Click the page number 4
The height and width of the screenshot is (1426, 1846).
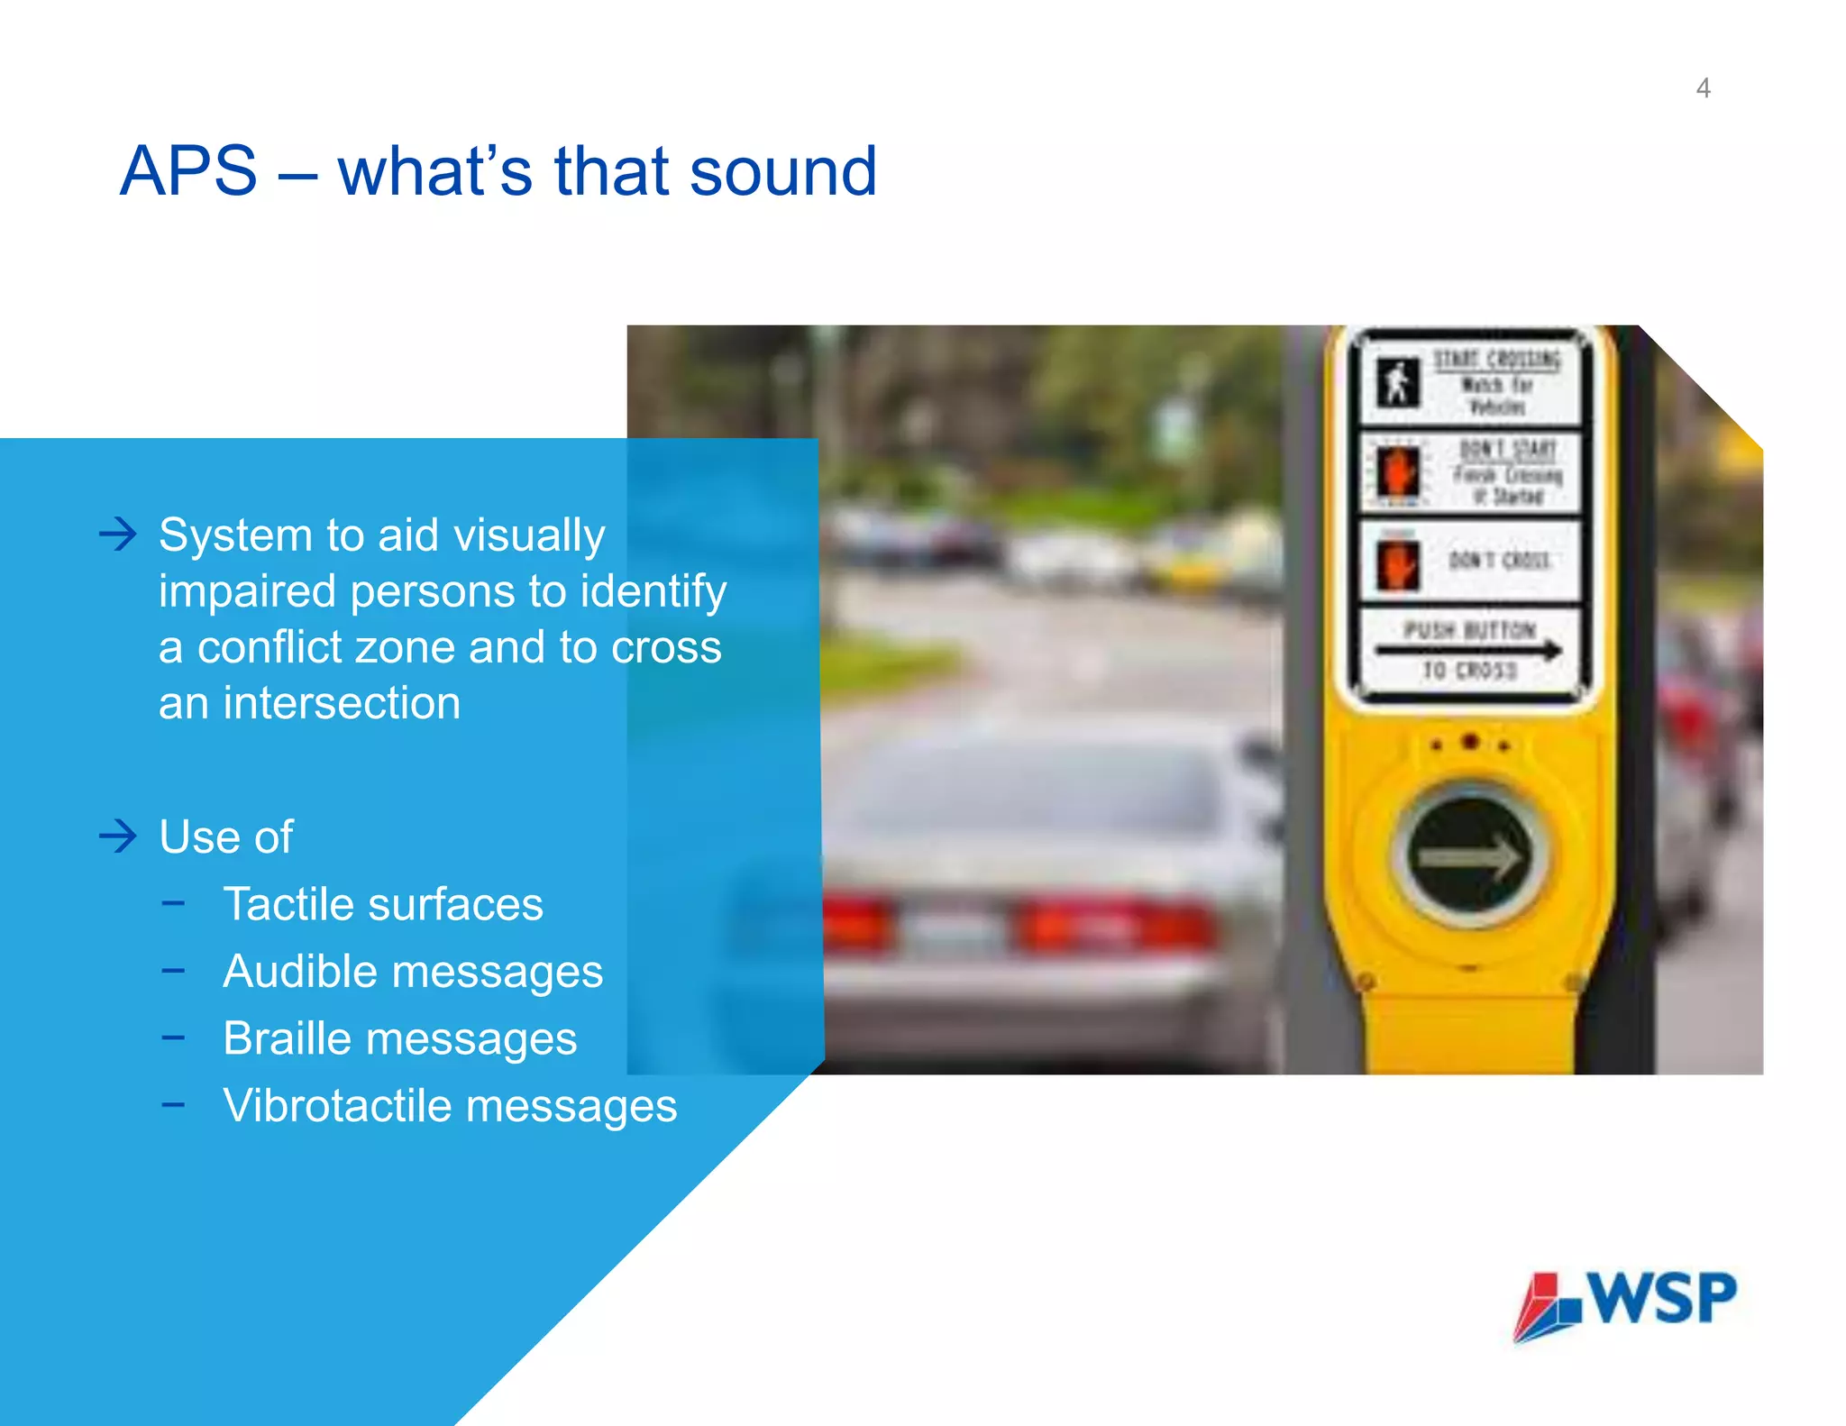tap(1703, 88)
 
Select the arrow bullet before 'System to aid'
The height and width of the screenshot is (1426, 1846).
tap(118, 535)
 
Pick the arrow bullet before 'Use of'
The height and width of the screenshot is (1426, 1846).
tap(118, 836)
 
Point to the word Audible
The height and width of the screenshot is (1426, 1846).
tap(300, 972)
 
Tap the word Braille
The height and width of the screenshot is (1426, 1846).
tap(287, 1038)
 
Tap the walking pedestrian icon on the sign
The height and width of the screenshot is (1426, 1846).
tap(1397, 382)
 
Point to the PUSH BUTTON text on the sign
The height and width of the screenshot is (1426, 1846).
tap(1469, 630)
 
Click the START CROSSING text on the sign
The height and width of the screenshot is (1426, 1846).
tap(1496, 360)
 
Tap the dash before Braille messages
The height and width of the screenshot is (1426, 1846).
tap(173, 1038)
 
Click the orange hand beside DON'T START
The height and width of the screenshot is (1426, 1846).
tap(1396, 471)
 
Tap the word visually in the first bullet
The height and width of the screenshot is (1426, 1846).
tap(529, 535)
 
